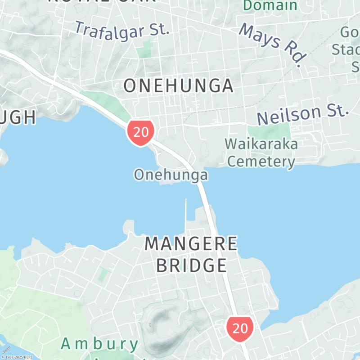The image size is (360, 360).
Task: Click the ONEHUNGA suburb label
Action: click(178, 85)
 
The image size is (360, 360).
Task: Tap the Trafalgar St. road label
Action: click(122, 30)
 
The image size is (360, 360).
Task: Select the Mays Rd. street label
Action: click(273, 44)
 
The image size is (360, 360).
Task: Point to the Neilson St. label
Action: click(303, 115)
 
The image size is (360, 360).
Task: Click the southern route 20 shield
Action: click(240, 328)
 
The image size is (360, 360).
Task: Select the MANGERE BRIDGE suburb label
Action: click(191, 254)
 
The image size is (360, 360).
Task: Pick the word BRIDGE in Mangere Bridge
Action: click(191, 265)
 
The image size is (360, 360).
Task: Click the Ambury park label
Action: click(99, 344)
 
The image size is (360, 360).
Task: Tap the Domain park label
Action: click(270, 5)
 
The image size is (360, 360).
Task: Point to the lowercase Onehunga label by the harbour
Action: click(171, 175)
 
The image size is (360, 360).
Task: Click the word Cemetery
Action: click(261, 162)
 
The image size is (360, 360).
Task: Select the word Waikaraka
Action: click(261, 144)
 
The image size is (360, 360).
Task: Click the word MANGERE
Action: click(191, 243)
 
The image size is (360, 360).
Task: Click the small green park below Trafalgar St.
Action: click(144, 49)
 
